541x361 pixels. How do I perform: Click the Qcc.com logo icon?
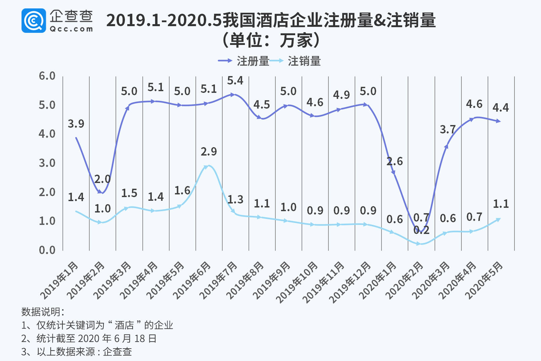(34, 21)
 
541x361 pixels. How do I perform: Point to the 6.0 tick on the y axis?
(47, 76)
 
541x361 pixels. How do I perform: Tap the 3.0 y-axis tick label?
(47, 163)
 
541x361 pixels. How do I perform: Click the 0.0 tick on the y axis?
(47, 250)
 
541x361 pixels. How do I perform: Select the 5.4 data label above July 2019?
(235, 81)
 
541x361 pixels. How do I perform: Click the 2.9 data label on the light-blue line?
(209, 152)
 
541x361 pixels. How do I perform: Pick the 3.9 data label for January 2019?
(76, 124)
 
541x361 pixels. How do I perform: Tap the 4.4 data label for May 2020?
(500, 108)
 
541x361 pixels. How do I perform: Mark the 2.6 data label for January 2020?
(395, 162)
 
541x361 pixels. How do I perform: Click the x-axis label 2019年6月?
(192, 281)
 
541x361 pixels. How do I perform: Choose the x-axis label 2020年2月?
(404, 281)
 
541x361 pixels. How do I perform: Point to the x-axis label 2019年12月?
(350, 283)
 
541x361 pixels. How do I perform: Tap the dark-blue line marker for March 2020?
(446, 146)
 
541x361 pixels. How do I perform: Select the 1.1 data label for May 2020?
(501, 204)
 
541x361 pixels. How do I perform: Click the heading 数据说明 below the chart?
(42, 312)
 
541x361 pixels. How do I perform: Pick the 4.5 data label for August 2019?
(262, 105)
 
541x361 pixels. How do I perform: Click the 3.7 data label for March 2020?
(448, 130)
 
